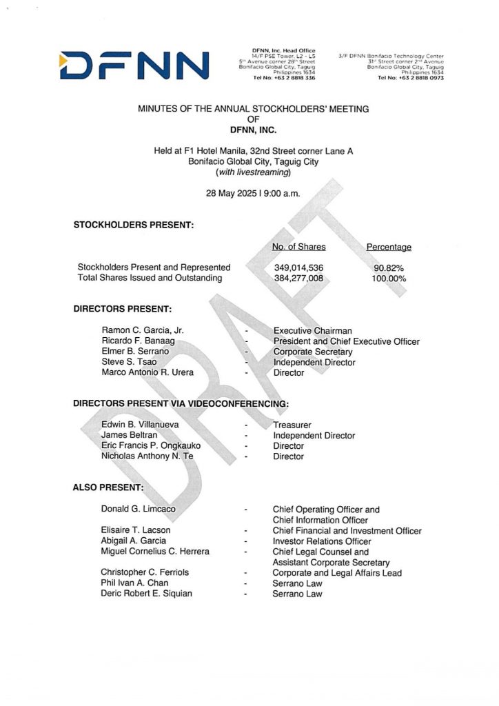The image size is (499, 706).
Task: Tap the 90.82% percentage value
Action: tap(389, 268)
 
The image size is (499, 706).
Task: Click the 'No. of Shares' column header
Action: tap(299, 247)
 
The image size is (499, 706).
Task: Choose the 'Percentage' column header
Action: tap(389, 247)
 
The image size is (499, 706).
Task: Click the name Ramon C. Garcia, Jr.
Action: tap(142, 331)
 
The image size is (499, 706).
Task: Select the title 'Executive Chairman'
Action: tap(312, 331)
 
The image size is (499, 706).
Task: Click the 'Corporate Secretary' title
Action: tap(312, 352)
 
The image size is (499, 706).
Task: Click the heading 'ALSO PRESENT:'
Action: tap(108, 487)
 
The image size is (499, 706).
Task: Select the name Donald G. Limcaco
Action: tap(138, 510)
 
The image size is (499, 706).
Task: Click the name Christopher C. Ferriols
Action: tap(145, 572)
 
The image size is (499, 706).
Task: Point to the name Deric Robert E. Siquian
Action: tap(146, 594)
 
